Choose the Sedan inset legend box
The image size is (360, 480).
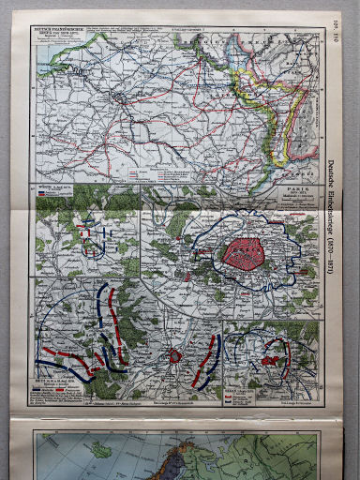242,389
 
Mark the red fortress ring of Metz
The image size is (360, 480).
174,356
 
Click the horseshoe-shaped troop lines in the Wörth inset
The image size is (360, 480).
92,235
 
